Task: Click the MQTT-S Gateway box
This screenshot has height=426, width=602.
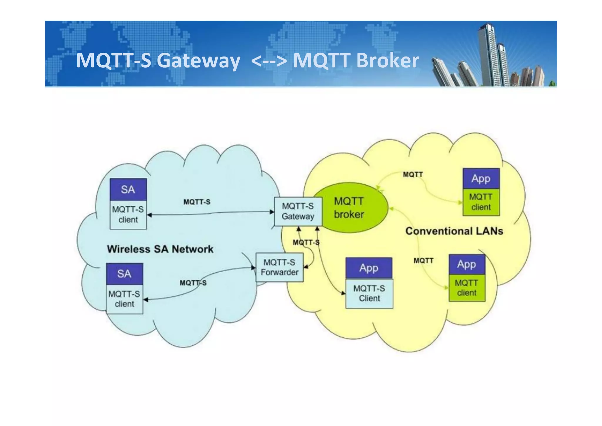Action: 298,211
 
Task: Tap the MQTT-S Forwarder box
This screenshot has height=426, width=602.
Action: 279,267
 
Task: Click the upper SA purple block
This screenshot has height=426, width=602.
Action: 128,189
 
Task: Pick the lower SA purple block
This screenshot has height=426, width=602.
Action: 124,274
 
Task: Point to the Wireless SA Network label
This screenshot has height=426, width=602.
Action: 160,249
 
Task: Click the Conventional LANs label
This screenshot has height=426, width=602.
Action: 454,231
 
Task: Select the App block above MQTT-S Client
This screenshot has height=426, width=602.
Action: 369,268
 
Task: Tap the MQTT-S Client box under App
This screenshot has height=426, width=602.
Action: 369,293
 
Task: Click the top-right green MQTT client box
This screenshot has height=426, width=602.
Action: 481,202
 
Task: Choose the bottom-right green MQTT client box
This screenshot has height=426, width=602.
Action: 467,288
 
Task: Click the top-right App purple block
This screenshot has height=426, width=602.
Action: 481,179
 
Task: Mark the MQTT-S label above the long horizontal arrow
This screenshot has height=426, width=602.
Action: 197,202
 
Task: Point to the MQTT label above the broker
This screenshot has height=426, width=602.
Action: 413,174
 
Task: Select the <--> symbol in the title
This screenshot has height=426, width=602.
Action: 269,61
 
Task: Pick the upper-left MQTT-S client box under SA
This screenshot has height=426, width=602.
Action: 128,214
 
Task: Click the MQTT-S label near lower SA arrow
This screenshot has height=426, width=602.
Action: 193,283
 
